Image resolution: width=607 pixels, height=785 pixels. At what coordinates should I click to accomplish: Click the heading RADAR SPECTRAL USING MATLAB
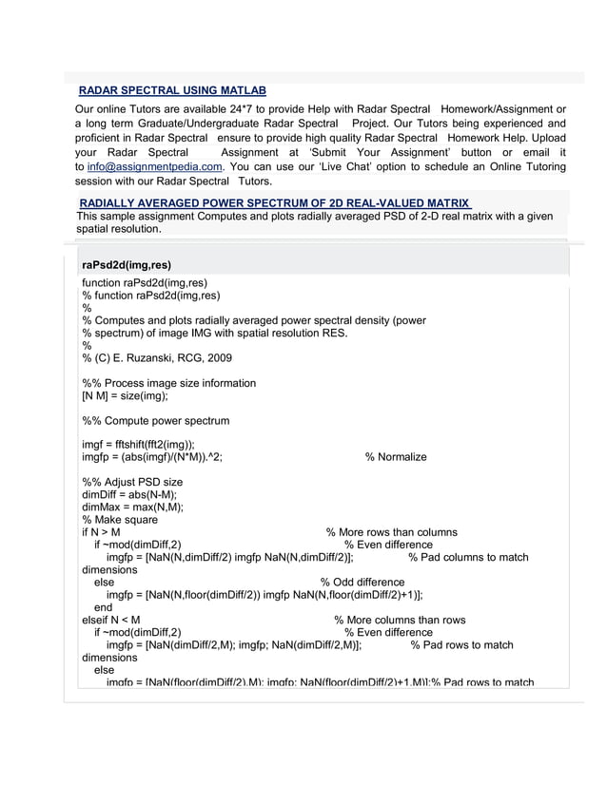[171, 90]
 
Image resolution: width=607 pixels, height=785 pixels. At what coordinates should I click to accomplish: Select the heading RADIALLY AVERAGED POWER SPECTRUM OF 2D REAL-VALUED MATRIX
[274, 203]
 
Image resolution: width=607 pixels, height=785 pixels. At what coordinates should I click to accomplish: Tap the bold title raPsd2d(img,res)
[127, 265]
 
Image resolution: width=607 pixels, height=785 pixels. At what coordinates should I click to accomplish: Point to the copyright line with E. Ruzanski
[156, 358]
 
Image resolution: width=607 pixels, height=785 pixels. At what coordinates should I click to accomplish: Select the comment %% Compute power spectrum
[155, 420]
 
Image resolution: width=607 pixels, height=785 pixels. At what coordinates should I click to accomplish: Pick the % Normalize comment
[396, 457]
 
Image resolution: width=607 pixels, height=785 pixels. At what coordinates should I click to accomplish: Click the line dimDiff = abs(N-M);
[129, 494]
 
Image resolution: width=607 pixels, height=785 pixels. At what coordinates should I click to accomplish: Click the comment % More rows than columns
[391, 532]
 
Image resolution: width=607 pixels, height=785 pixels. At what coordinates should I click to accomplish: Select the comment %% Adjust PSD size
[132, 482]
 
